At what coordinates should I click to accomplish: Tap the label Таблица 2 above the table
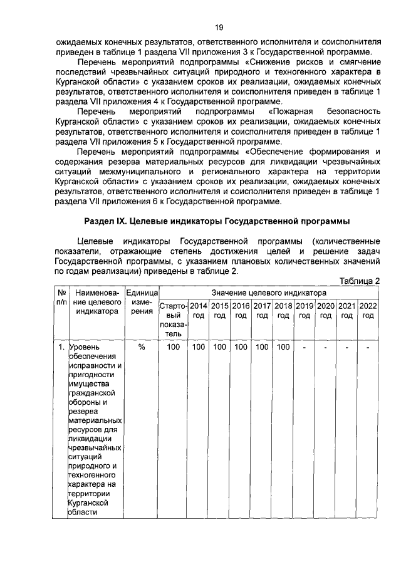tap(360, 281)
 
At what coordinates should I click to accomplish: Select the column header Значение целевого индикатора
tap(269, 293)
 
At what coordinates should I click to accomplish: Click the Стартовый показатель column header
tap(173, 320)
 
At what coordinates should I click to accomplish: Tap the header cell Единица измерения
tap(142, 302)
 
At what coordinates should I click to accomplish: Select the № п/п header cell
tap(62, 297)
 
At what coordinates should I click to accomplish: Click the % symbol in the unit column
tap(142, 346)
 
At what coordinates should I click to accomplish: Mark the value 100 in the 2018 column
tap(283, 346)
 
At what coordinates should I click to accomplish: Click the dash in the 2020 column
tap(326, 346)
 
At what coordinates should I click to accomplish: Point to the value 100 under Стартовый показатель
tap(173, 346)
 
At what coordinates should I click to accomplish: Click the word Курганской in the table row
tap(90, 503)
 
